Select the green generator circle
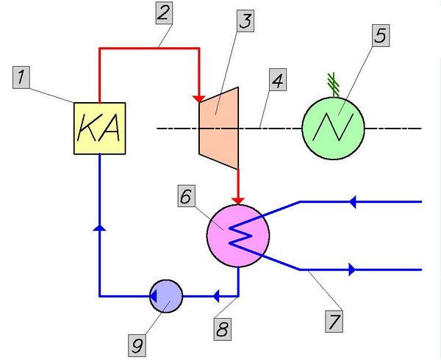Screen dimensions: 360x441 tap(334, 127)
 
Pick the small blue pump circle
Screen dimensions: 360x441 tap(165, 295)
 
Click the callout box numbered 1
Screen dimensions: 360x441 tap(25, 75)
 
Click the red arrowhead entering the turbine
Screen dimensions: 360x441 tap(198, 99)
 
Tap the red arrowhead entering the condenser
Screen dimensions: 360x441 tap(237, 201)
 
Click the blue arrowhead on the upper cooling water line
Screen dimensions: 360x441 tap(354, 201)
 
